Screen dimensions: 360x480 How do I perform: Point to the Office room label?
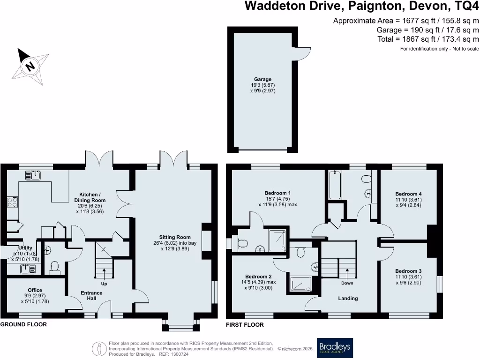click(x=35, y=296)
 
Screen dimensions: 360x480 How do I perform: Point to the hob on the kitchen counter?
click(x=12, y=202)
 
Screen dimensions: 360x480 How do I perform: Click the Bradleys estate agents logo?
click(x=335, y=348)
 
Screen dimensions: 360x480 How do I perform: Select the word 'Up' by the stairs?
click(x=104, y=284)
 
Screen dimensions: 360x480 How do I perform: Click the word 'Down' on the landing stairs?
click(x=347, y=283)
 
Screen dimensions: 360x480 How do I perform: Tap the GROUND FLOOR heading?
click(x=23, y=324)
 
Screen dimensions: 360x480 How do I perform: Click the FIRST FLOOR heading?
click(x=245, y=324)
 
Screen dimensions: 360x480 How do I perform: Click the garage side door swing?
click(x=304, y=54)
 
